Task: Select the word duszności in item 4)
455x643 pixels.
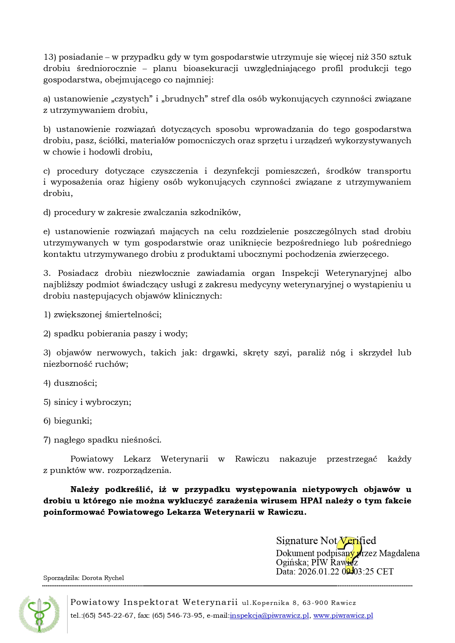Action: pos(75,383)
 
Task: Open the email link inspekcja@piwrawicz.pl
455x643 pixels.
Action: pos(269,616)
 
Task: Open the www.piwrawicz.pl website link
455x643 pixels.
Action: pos(343,616)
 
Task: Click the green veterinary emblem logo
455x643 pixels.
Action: pos(39,614)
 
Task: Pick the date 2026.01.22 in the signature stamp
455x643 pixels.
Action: pos(319,572)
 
